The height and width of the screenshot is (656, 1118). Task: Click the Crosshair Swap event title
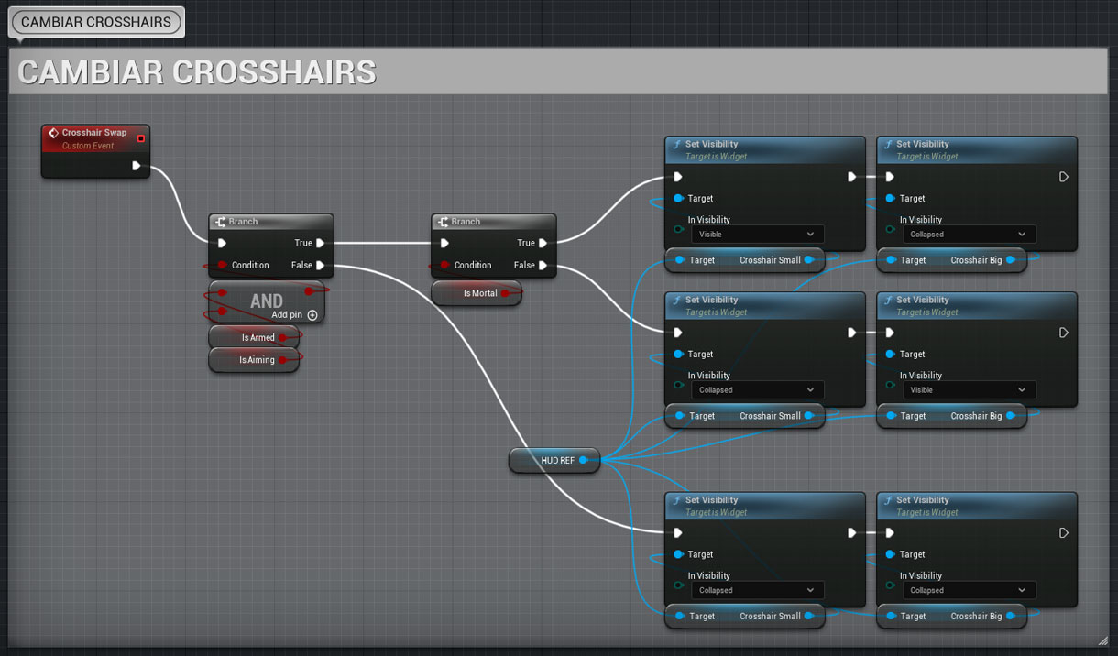[93, 133]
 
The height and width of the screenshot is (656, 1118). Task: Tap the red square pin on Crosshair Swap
[141, 138]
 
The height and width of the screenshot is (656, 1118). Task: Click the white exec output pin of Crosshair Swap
[136, 166]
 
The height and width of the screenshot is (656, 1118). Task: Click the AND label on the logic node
[267, 301]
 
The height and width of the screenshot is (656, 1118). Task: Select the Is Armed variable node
[254, 338]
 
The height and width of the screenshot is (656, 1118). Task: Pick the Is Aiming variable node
[254, 360]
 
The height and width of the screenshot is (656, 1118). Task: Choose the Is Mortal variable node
[477, 293]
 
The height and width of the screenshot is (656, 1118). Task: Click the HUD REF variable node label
[557, 460]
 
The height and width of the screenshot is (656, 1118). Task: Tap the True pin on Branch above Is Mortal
[543, 243]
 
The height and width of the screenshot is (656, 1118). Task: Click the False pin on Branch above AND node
[321, 265]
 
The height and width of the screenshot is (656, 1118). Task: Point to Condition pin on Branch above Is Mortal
[444, 265]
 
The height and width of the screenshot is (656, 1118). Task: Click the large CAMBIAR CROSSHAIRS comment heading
[197, 71]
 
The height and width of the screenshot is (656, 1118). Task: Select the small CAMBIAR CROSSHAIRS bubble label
[96, 22]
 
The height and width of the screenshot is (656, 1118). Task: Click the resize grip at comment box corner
[1102, 640]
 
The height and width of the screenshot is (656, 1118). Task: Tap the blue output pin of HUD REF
[583, 460]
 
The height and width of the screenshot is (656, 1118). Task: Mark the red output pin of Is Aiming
[282, 360]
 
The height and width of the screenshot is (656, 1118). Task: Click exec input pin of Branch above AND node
[222, 243]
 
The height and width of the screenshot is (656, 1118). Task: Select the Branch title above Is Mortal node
[466, 222]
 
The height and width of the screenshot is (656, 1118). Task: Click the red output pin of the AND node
[309, 290]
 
